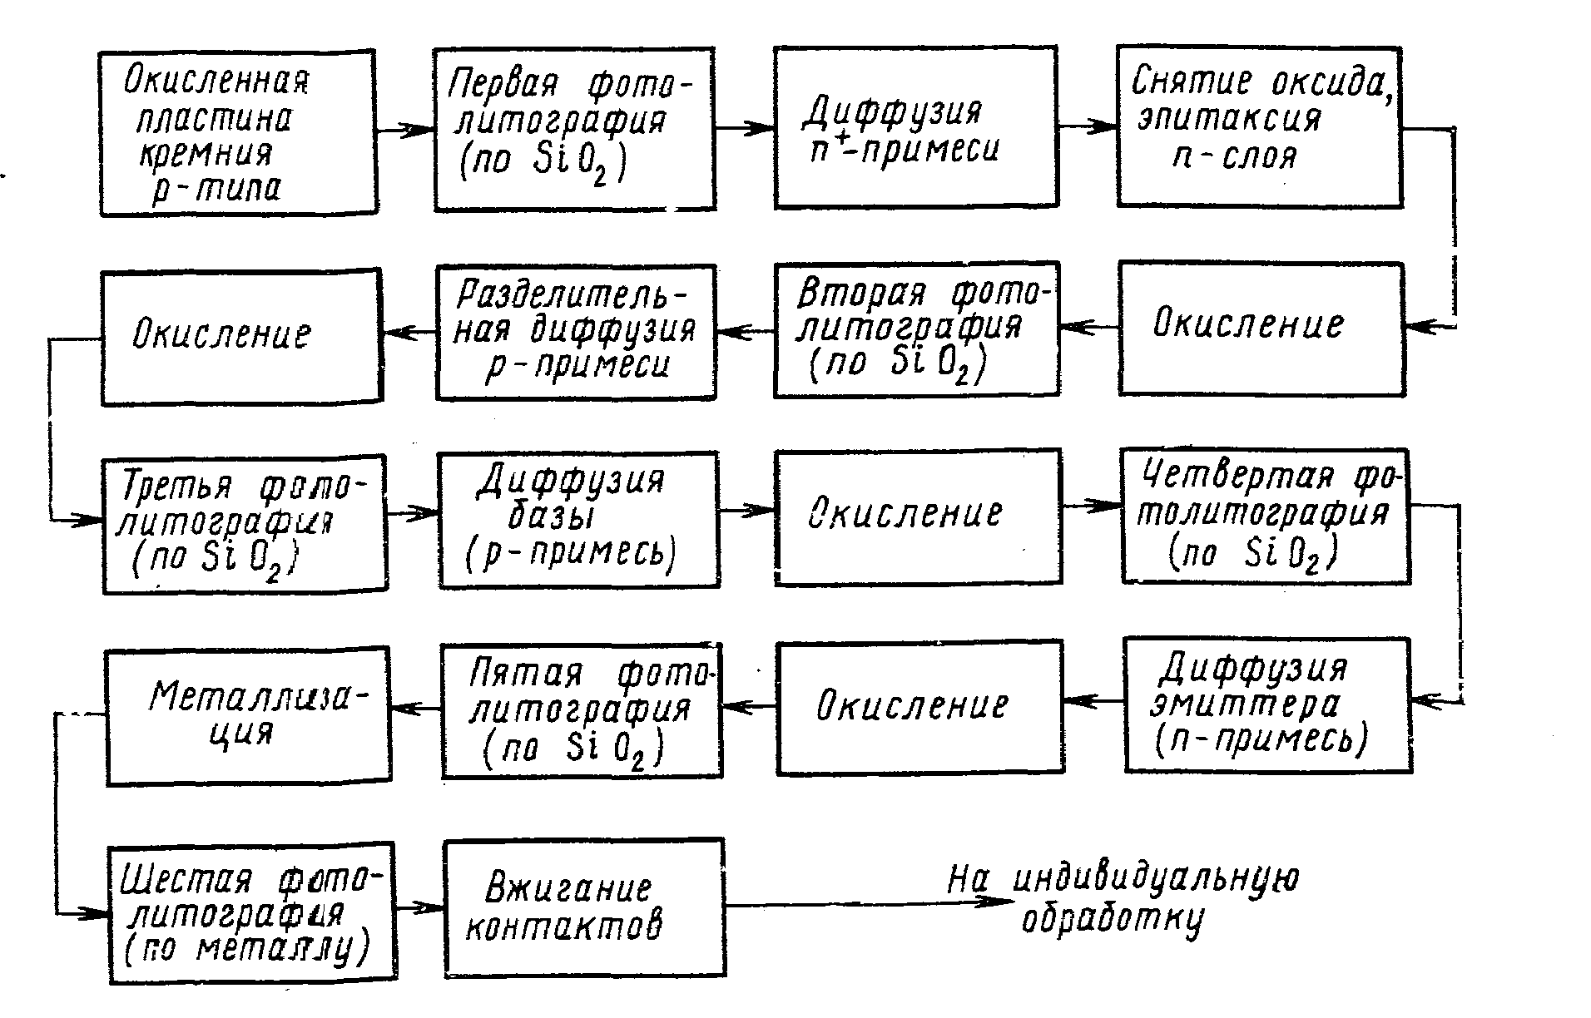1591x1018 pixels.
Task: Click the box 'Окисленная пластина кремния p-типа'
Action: point(237,133)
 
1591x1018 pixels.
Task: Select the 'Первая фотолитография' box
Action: point(574,129)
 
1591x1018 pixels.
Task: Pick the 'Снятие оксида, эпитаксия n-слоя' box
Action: point(1259,127)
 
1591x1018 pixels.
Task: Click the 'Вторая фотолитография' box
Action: point(915,331)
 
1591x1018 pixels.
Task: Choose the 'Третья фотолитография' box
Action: point(245,524)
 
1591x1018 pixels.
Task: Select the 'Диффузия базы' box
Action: point(579,520)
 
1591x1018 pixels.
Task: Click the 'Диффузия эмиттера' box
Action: point(1267,705)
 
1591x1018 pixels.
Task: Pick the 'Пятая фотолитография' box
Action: point(582,711)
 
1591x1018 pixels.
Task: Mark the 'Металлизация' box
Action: point(248,715)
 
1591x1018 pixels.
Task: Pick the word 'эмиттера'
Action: point(1245,705)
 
